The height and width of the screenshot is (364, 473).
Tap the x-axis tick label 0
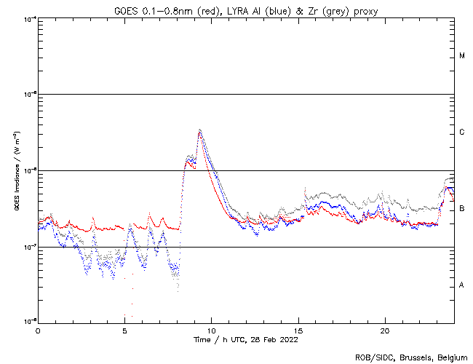(38, 331)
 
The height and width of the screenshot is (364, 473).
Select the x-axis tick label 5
(124, 331)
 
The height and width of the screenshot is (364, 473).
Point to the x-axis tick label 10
(211, 331)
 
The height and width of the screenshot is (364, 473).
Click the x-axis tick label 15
(298, 331)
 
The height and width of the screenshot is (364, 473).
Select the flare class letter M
(462, 56)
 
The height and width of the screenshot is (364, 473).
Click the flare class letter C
(462, 132)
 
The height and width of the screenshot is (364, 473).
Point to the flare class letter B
(462, 209)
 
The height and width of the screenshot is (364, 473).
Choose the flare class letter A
(462, 285)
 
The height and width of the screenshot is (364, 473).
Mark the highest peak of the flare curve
(199, 130)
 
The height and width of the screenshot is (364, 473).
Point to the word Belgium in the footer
(452, 357)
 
